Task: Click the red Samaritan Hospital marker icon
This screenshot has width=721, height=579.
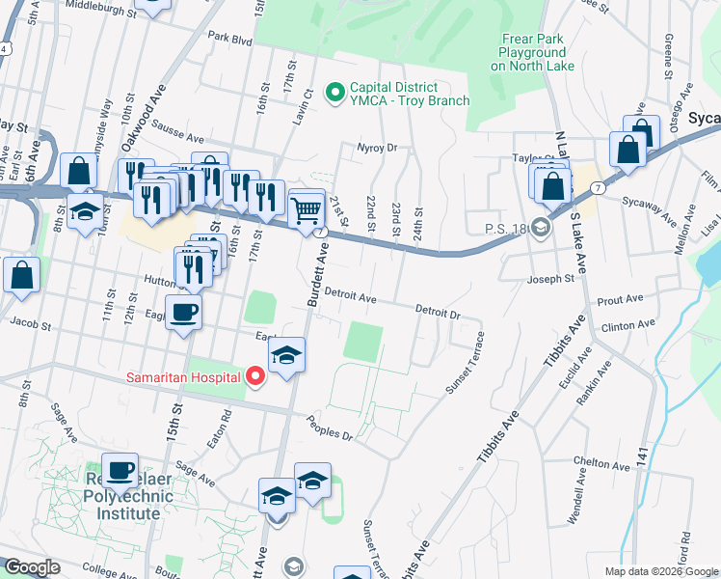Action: click(255, 376)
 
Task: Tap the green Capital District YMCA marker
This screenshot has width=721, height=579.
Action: click(335, 93)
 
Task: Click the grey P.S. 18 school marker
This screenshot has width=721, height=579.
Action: click(541, 229)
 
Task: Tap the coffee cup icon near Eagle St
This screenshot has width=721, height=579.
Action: click(183, 312)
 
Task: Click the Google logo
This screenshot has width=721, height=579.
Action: click(33, 567)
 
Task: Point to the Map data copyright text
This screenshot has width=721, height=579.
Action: click(659, 570)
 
